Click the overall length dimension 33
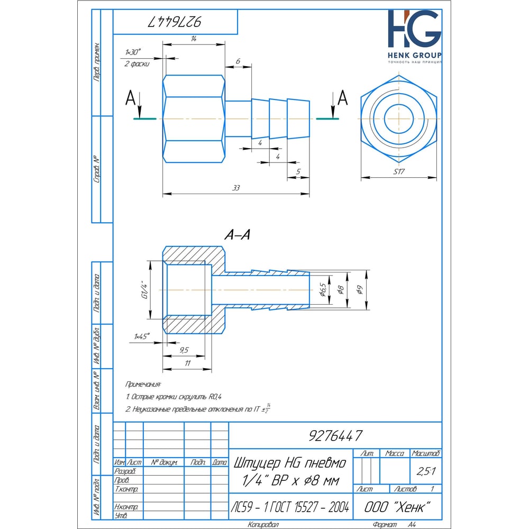(x=236, y=188)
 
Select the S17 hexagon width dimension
(x=399, y=172)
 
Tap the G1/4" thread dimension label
(x=145, y=289)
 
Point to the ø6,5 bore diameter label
(x=323, y=289)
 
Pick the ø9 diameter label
(x=360, y=289)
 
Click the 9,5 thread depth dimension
(x=184, y=350)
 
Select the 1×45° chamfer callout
(x=142, y=336)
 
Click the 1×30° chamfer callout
(x=133, y=52)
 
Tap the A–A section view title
(x=238, y=234)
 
